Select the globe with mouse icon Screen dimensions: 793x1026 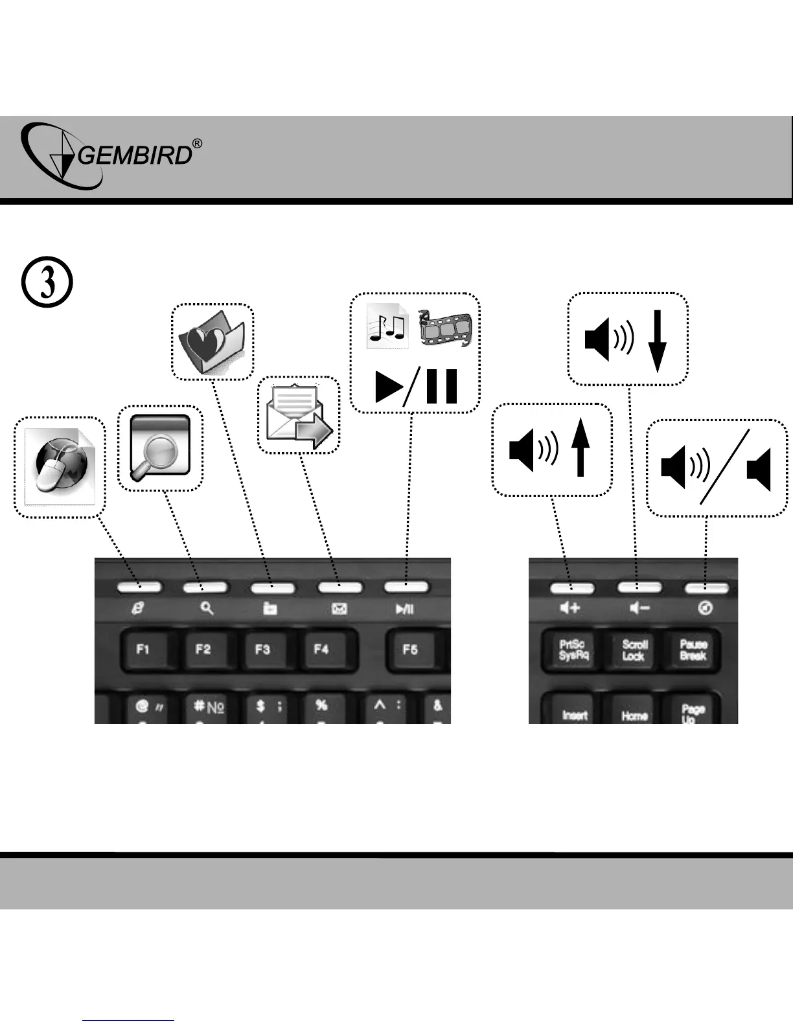pyautogui.click(x=60, y=467)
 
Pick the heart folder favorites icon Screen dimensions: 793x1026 pyautogui.click(x=212, y=341)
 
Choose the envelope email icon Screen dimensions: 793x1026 pyautogui.click(x=299, y=415)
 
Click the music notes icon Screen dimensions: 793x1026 pyautogui.click(x=387, y=326)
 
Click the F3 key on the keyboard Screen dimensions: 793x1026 pyautogui.click(x=262, y=649)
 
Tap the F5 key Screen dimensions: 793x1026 pyautogui.click(x=409, y=649)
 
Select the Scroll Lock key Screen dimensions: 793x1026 pyautogui.click(x=634, y=650)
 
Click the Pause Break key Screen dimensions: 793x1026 pyautogui.click(x=693, y=650)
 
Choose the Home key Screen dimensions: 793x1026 pyautogui.click(x=634, y=714)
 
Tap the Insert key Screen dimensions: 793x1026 pyautogui.click(x=575, y=714)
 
